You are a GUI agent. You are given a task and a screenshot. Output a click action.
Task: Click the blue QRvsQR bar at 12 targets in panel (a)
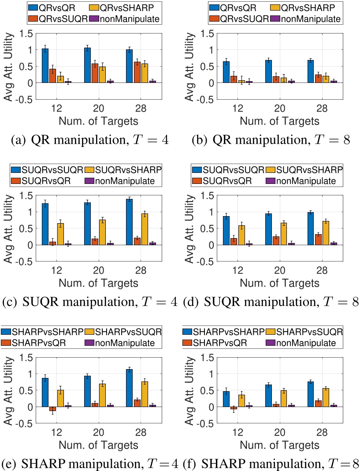(x=45, y=66)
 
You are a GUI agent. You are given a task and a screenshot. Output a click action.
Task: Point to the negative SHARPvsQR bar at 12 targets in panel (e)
(x=53, y=409)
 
